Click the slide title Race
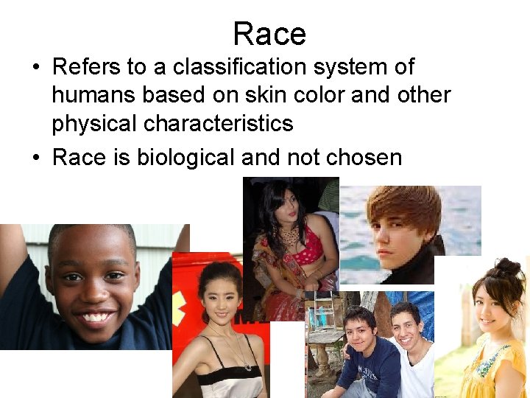point(269,34)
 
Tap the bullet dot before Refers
point(35,68)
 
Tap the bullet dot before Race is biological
point(35,157)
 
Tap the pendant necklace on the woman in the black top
point(247,366)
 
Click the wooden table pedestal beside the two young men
point(322,359)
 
